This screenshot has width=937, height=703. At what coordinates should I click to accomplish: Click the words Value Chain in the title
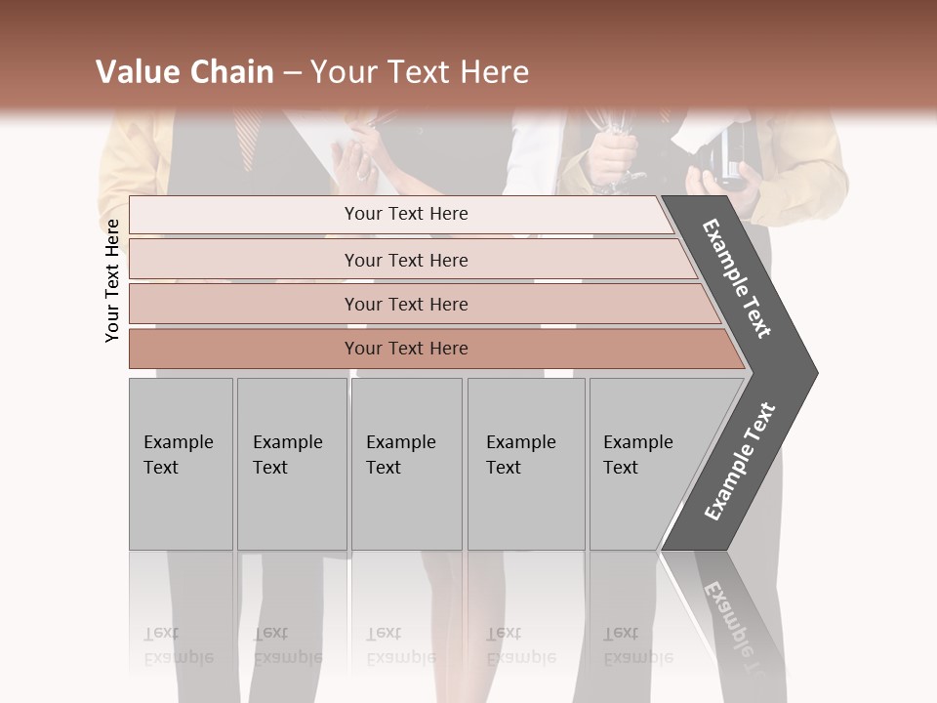click(x=184, y=72)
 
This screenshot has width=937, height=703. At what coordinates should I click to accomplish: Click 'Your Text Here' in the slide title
click(x=420, y=72)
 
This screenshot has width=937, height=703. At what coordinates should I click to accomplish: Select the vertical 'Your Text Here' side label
click(x=112, y=280)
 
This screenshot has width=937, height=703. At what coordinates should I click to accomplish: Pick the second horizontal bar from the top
click(x=405, y=260)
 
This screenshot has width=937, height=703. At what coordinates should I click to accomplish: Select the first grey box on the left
click(x=181, y=464)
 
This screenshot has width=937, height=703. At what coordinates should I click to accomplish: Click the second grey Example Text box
click(x=292, y=464)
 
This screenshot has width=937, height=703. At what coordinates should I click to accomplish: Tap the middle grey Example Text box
click(x=406, y=464)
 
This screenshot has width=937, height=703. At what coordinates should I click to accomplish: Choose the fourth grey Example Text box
click(x=526, y=464)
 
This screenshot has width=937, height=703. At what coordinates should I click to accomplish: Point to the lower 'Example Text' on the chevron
click(x=740, y=461)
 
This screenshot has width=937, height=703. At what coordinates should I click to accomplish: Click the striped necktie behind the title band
click(x=247, y=137)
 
